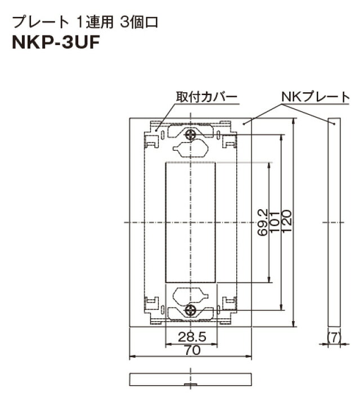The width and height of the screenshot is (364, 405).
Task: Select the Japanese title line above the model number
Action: pos(85,22)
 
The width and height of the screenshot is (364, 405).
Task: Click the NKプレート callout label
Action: pos(315,97)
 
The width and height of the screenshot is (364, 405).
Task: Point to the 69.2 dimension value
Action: pos(261,223)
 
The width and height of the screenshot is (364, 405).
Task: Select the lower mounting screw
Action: pos(191,310)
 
